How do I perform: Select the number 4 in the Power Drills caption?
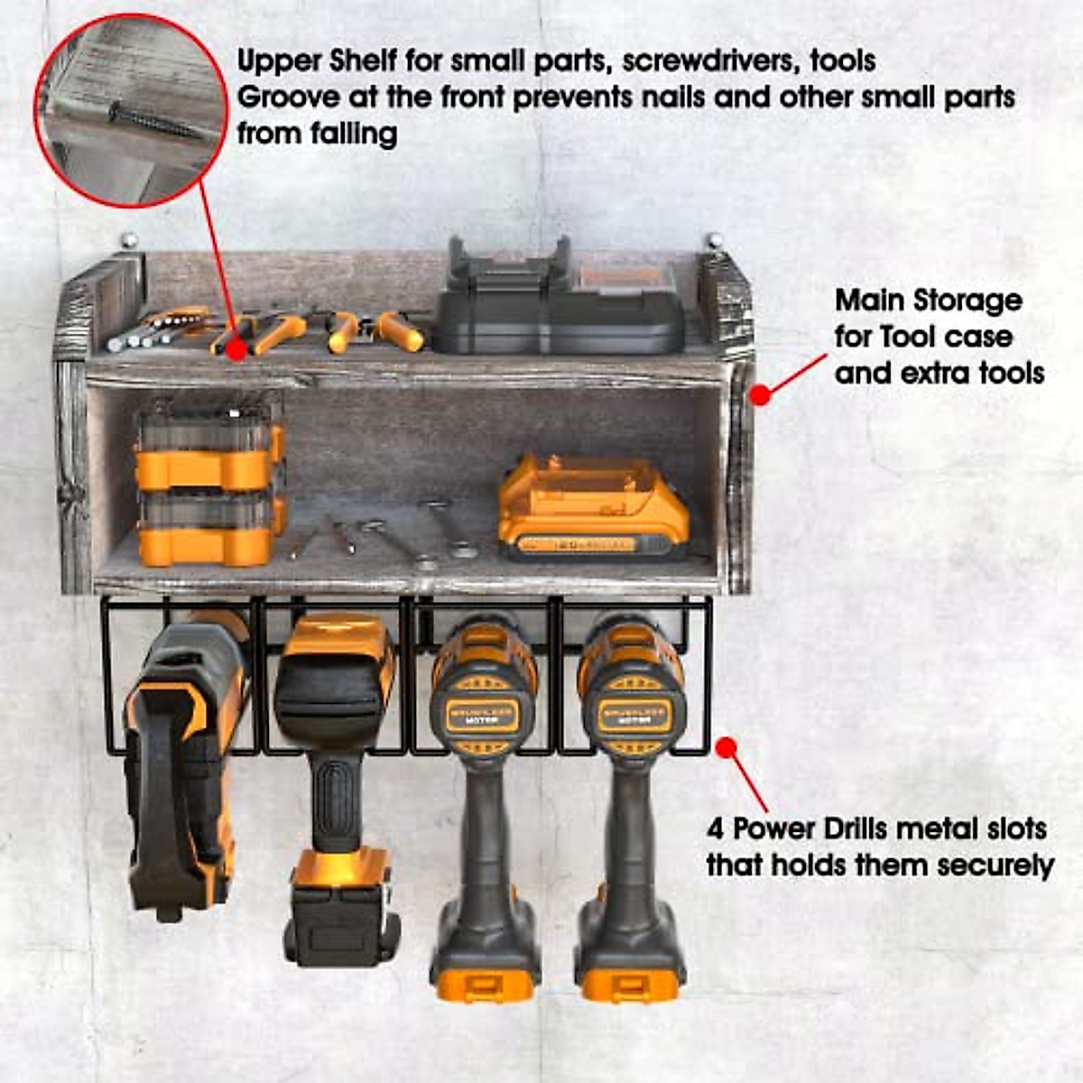point(716,828)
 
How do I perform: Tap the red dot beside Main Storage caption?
point(761,394)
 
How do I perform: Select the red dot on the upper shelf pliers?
point(236,348)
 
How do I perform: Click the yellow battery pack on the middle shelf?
point(591,510)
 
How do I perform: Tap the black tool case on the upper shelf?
point(560,302)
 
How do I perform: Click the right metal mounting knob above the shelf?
point(715,241)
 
